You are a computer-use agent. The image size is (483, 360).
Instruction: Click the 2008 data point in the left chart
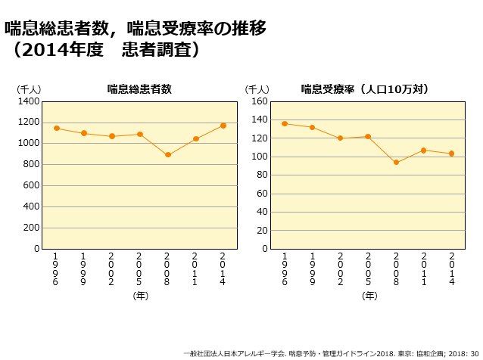click(x=168, y=155)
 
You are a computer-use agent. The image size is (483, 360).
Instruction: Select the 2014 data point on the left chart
click(x=223, y=126)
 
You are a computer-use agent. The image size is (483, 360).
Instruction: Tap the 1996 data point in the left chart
click(x=57, y=128)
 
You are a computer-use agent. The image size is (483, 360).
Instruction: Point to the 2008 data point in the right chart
click(x=396, y=163)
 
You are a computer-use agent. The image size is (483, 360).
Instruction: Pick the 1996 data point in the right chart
click(x=285, y=123)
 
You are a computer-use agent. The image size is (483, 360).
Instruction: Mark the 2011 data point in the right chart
click(x=424, y=150)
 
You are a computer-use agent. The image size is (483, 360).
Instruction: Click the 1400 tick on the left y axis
click(x=29, y=101)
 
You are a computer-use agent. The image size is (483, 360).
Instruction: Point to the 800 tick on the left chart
click(x=32, y=164)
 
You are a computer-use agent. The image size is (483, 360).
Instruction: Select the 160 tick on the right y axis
click(x=258, y=101)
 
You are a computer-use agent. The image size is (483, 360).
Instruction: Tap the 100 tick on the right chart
click(x=258, y=157)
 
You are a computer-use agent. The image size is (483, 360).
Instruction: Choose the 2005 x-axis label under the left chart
click(x=140, y=268)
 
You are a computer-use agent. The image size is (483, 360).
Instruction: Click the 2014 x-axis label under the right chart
click(x=452, y=268)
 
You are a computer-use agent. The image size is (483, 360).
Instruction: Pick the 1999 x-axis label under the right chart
click(x=313, y=268)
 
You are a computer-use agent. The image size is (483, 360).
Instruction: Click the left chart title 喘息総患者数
click(x=139, y=88)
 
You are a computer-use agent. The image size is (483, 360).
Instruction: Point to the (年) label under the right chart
click(x=369, y=296)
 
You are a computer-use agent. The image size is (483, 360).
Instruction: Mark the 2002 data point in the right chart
click(x=341, y=138)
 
